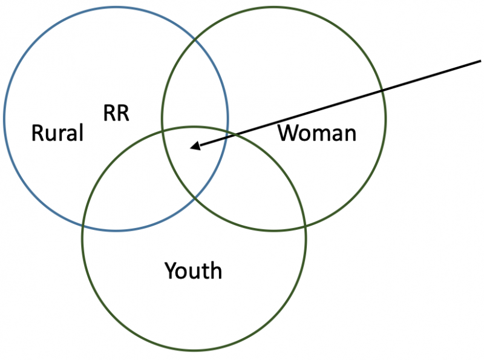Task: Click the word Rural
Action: pos(57,133)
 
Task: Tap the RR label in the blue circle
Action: pos(116,113)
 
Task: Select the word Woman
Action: pos(316,133)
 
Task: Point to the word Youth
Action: pos(193,270)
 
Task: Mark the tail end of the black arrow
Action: pos(480,60)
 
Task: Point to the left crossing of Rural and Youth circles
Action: pos(83,224)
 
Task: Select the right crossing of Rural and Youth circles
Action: pos(227,131)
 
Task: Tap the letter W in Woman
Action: pos(287,133)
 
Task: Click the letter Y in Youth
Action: pos(170,270)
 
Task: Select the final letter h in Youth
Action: pos(216,270)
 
